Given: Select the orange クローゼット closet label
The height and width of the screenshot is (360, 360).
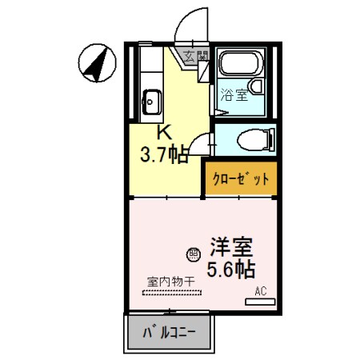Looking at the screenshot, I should [240, 179].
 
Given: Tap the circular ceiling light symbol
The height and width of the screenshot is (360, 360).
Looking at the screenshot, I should [193, 254].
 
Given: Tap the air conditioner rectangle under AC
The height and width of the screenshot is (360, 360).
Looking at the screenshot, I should [261, 301].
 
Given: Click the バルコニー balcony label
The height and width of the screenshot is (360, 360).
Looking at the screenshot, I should [169, 332].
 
